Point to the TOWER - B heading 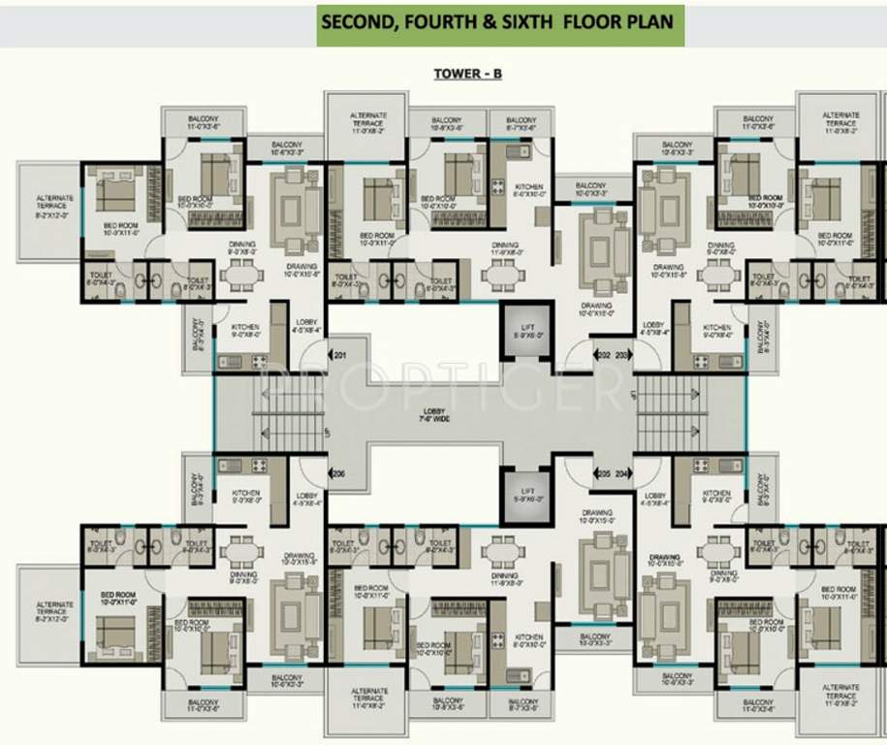(x=467, y=74)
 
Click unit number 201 (x=339, y=356)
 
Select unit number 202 (x=603, y=356)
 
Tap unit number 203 (x=622, y=356)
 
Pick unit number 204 (x=622, y=474)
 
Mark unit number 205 (x=603, y=474)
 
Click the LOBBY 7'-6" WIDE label (x=427, y=415)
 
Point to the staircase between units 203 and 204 (x=669, y=415)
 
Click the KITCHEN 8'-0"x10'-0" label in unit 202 (x=528, y=190)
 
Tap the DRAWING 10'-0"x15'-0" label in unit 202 (x=596, y=309)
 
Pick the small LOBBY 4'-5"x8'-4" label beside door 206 (x=307, y=499)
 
